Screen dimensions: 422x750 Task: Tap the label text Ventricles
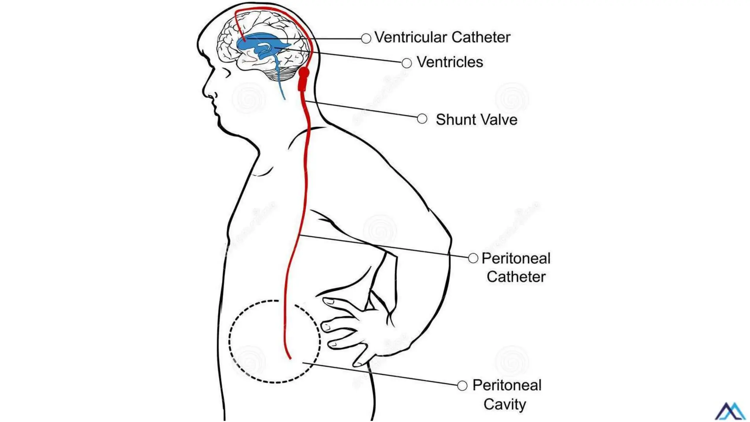[x=450, y=62]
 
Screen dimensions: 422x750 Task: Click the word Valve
[x=499, y=120]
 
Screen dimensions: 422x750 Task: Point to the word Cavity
[x=504, y=404]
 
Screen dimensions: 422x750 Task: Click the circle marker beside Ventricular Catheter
[x=366, y=38]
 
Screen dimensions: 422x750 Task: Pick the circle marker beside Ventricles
[x=406, y=63]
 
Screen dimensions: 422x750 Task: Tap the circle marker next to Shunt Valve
[x=422, y=119]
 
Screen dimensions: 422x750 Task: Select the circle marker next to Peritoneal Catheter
[x=473, y=258]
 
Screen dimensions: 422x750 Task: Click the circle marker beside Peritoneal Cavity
[x=462, y=385]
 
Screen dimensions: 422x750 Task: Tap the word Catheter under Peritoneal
[x=516, y=277]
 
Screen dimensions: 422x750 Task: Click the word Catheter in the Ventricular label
[x=481, y=37]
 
